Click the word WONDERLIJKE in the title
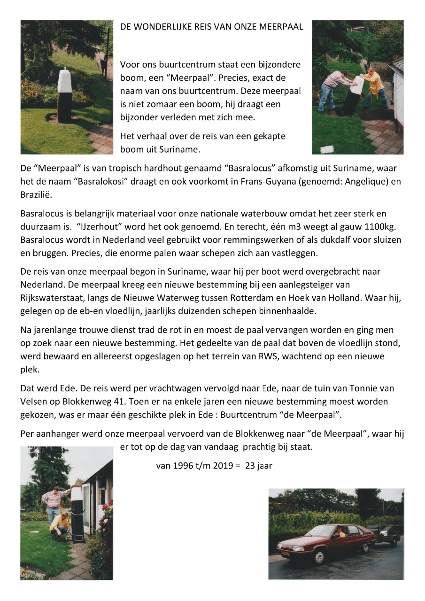point(158,27)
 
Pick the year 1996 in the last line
point(183,466)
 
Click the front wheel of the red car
point(319,556)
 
